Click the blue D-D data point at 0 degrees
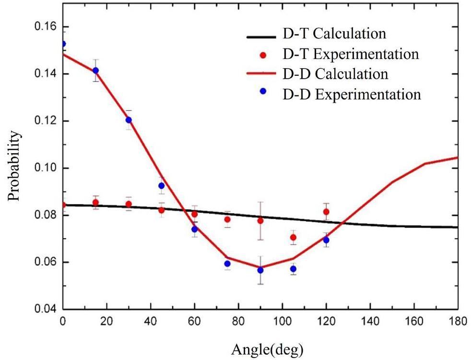(63, 44)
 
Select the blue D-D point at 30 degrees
(129, 120)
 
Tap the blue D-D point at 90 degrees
(260, 270)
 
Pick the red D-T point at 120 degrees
(326, 212)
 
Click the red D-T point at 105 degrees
(293, 238)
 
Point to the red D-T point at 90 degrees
(260, 221)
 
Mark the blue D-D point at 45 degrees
(162, 186)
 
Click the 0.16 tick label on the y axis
(47, 27)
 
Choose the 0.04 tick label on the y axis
(47, 310)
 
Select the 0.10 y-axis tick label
(47, 168)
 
